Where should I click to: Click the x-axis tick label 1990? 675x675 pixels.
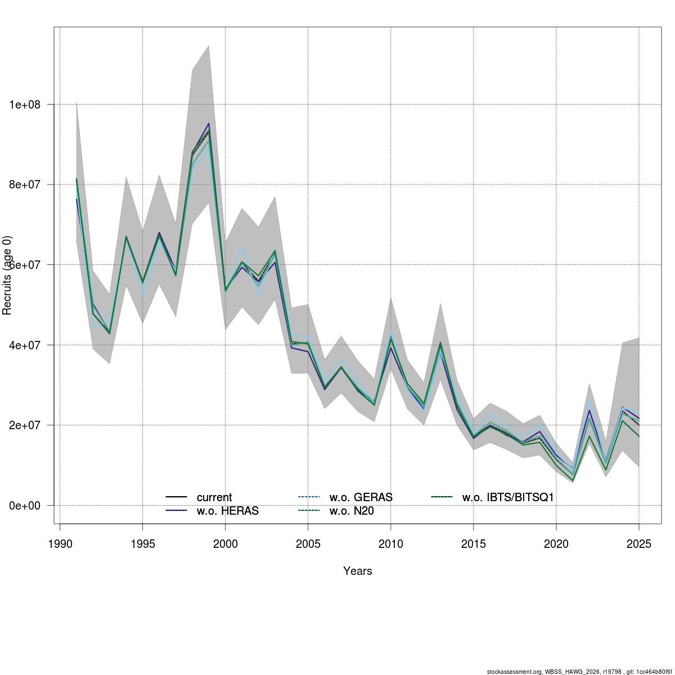tap(60, 544)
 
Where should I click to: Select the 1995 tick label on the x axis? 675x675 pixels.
tap(142, 544)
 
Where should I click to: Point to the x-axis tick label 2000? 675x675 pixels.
tap(225, 544)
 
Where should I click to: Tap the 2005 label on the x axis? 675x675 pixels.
tap(308, 544)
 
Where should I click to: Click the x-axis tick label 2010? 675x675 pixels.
tap(390, 544)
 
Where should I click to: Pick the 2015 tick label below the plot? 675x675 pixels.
tap(473, 544)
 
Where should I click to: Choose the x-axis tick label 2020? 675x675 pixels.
tap(556, 544)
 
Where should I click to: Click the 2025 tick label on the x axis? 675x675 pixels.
tap(638, 544)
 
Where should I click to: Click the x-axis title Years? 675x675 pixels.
tap(358, 571)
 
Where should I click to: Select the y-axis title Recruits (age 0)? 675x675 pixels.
tap(7, 276)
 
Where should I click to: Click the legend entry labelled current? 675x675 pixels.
tap(214, 498)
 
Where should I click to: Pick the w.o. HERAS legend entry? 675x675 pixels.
tap(227, 511)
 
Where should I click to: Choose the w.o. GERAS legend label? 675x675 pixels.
tap(361, 498)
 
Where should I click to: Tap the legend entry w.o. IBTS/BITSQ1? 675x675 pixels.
tap(508, 498)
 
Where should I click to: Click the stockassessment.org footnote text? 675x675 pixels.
tap(579, 672)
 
